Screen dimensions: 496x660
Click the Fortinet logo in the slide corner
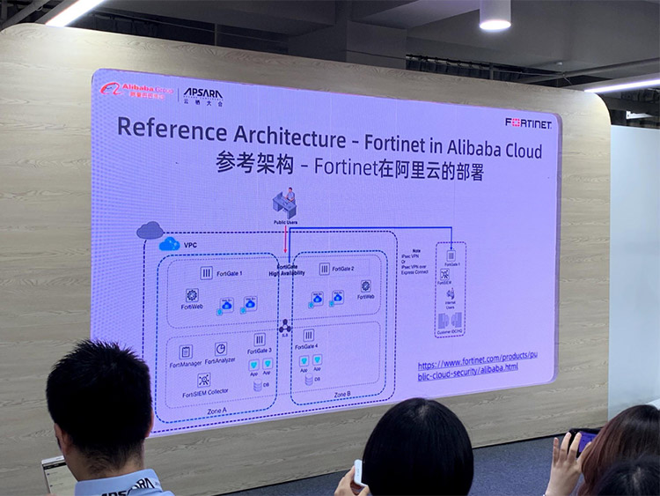click(528, 123)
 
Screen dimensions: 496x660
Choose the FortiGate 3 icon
click(259, 339)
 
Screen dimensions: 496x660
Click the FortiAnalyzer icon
click(221, 349)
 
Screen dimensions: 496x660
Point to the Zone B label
click(341, 394)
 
